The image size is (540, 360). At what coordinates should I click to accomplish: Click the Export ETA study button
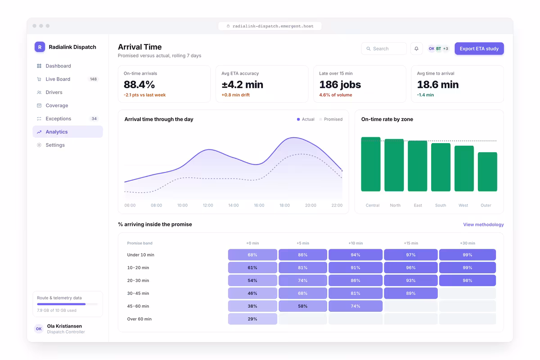coord(479,49)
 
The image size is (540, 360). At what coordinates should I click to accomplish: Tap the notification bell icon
coord(416,49)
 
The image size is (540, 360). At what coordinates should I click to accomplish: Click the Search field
coord(384,49)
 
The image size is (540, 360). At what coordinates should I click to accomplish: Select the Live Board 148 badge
coord(93,79)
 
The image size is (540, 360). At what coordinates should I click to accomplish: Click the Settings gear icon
coord(39,145)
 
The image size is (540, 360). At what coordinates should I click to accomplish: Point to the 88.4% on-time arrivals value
coord(139,85)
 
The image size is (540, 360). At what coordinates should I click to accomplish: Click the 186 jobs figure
coord(340,85)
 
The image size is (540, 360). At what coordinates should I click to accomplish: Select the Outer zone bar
coord(487,172)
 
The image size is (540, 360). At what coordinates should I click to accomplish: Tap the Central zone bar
coord(371,164)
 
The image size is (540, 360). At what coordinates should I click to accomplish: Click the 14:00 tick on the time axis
coord(234,205)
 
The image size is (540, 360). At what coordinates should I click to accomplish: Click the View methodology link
coord(483,225)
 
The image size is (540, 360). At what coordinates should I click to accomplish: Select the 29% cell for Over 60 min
coord(252,319)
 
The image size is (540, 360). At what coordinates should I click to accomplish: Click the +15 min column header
coord(411,243)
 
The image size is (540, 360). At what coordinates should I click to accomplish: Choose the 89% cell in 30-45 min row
coord(410,293)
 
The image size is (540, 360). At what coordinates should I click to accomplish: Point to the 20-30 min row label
coord(138,280)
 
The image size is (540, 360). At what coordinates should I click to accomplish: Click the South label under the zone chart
coord(441,205)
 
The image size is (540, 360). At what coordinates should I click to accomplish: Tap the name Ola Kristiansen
coord(64,326)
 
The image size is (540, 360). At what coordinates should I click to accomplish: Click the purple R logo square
coord(40,47)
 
